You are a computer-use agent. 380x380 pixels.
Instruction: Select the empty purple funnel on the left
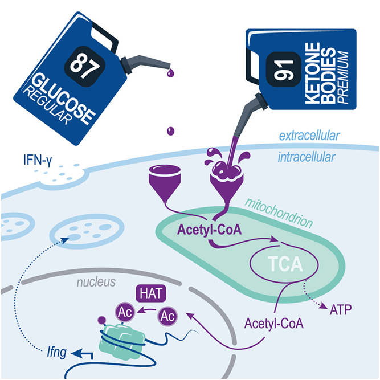(165, 181)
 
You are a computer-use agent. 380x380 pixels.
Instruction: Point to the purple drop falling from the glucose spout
(171, 132)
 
